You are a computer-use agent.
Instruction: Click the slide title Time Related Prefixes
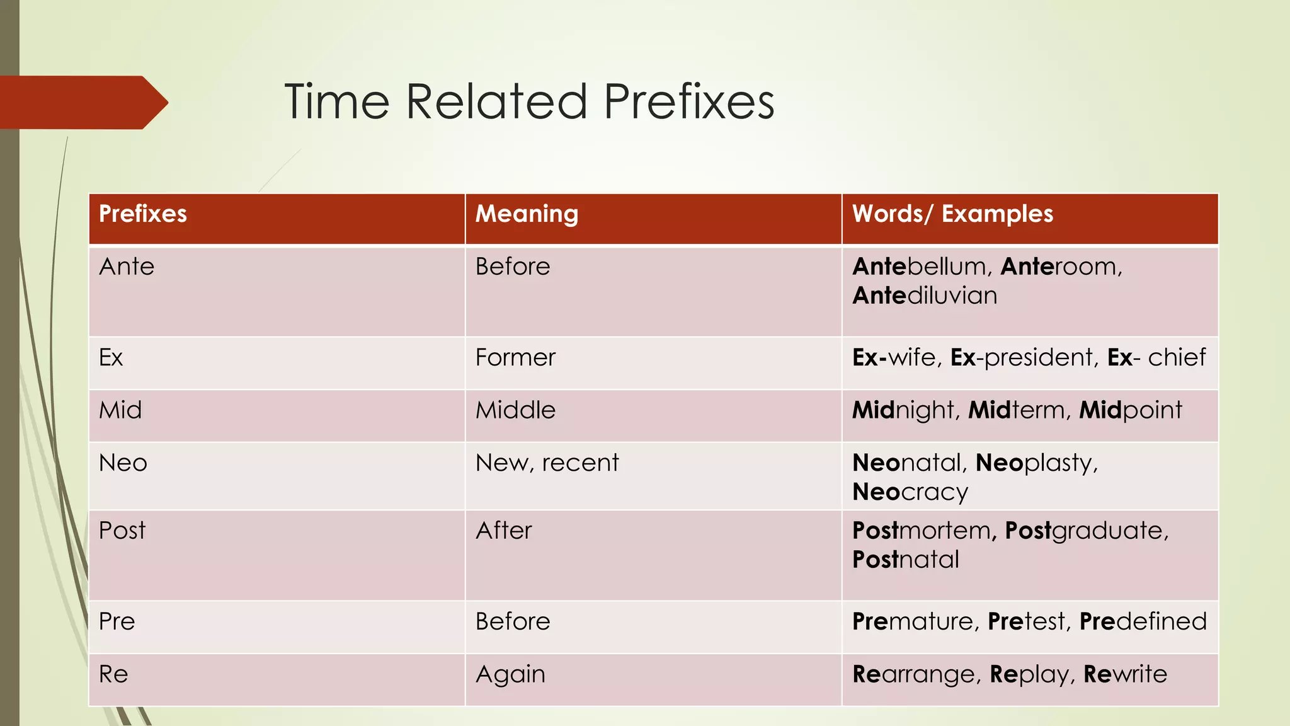pos(529,101)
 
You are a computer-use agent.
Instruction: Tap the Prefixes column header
pos(143,214)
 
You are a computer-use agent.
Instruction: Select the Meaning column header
pos(527,214)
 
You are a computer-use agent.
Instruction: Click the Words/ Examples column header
pos(952,214)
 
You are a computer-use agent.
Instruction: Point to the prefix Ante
pos(127,267)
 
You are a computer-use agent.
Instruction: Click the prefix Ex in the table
pos(111,357)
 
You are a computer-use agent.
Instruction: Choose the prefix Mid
pos(120,410)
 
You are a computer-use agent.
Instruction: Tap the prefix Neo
pos(123,463)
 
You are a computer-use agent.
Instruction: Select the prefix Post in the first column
pos(122,531)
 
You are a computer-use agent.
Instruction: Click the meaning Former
pos(515,357)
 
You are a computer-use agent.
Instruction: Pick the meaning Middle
pos(515,410)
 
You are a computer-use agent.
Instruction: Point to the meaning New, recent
pos(547,463)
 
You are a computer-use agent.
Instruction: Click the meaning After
pos(503,531)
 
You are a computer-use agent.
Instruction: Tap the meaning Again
pos(510,674)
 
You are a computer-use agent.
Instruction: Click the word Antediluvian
pos(925,296)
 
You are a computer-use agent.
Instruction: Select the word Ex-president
pos(1022,357)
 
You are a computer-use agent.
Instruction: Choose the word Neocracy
pos(910,492)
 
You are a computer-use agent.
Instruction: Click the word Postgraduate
pos(1085,531)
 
